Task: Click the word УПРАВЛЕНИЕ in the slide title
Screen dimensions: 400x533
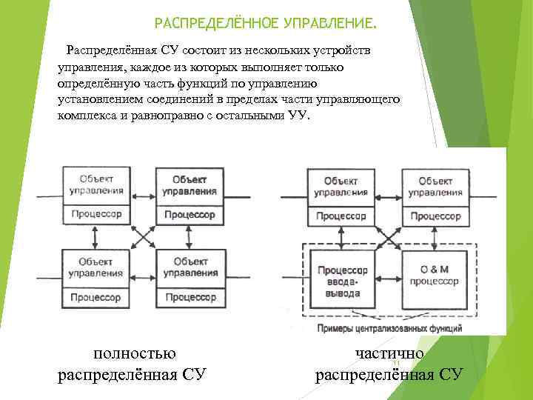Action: pos(326,24)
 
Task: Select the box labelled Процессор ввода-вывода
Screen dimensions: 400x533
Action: pos(341,281)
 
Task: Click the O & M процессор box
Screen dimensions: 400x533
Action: pos(435,276)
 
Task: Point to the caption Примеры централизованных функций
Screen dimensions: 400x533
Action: pos(389,327)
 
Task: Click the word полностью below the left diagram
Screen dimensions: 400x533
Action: pos(134,353)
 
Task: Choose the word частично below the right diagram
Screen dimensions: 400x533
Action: pos(389,353)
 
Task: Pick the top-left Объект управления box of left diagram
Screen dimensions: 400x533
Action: pos(96,184)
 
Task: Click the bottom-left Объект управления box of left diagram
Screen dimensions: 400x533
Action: pos(96,267)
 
